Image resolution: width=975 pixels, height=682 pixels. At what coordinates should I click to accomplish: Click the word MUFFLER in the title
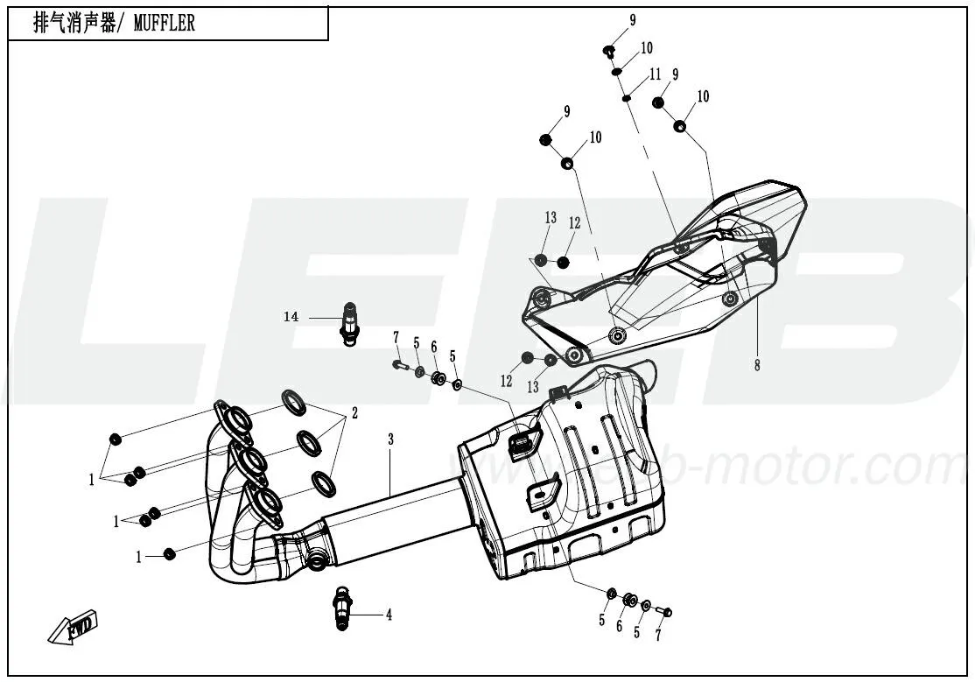click(x=165, y=23)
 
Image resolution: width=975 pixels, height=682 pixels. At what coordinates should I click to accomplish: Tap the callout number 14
click(x=291, y=317)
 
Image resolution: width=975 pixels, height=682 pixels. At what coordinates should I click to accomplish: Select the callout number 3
click(x=390, y=439)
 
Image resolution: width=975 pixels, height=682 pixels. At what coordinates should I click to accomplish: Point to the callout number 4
click(x=389, y=615)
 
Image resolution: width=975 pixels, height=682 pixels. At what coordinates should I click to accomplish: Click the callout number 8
click(x=757, y=365)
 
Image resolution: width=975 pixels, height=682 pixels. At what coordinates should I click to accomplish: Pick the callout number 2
click(x=354, y=412)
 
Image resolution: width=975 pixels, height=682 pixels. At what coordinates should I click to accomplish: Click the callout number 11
click(x=655, y=74)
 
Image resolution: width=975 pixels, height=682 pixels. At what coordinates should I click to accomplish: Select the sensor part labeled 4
click(x=342, y=608)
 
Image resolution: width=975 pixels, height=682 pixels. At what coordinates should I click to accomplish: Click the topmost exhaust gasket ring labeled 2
click(x=294, y=402)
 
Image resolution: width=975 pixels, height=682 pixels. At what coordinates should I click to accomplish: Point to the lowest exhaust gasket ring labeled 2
click(x=323, y=484)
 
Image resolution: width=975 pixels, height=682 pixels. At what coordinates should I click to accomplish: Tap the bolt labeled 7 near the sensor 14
click(x=399, y=365)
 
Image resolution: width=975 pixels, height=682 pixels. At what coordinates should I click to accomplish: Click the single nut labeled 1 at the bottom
click(x=169, y=554)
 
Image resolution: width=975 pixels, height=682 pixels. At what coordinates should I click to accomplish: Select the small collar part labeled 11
click(x=627, y=98)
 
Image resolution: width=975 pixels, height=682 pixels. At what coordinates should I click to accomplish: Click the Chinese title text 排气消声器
click(x=74, y=23)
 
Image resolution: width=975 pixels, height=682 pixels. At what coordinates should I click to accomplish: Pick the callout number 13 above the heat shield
click(x=551, y=218)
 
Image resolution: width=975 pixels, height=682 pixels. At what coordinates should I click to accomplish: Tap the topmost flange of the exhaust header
click(x=234, y=420)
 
